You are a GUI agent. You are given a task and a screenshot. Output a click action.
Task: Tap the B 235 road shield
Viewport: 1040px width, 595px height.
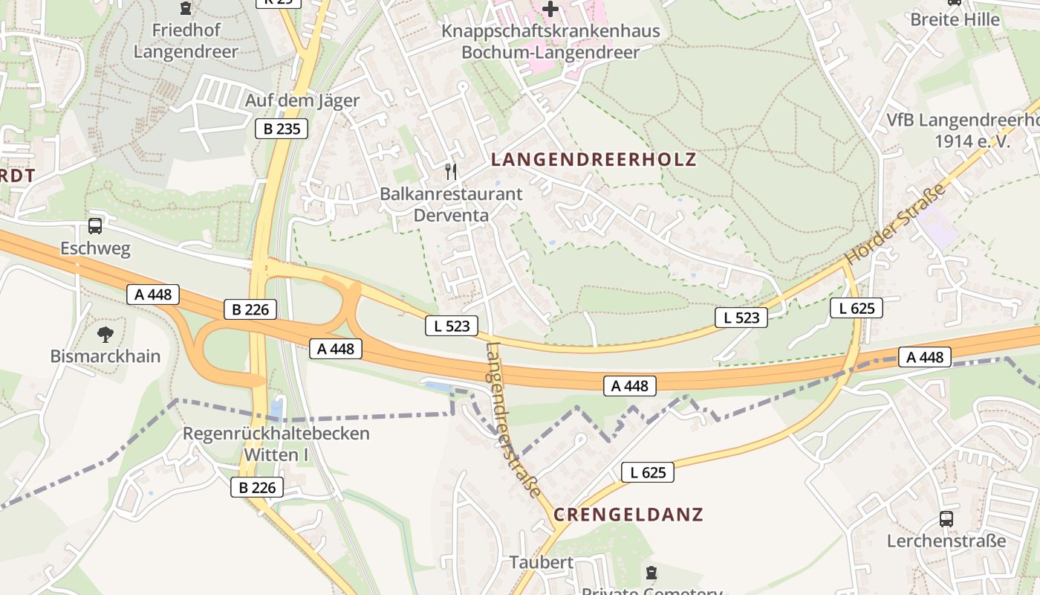282,129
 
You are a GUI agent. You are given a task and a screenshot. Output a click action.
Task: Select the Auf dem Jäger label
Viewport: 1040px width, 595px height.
302,100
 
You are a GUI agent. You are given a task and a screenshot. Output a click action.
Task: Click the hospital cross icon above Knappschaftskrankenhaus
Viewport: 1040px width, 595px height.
550,10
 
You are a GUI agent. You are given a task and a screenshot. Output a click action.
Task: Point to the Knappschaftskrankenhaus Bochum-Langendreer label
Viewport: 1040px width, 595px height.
550,42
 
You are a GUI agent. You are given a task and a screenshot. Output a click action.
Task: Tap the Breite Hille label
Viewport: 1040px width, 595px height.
955,19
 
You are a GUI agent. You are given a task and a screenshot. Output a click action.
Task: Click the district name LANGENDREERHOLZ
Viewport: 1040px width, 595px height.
594,159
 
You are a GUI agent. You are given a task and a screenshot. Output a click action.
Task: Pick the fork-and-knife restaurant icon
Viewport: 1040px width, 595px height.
451,173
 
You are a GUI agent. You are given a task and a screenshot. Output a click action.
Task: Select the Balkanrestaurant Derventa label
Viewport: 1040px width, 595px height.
451,205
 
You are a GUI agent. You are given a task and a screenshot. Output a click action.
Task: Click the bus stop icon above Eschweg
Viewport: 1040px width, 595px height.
95,226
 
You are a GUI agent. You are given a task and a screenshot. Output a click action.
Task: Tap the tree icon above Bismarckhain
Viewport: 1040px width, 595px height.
105,334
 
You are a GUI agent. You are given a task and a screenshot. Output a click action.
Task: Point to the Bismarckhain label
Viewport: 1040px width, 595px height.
105,356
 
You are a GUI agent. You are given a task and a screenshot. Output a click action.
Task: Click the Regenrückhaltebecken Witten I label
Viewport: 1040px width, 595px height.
276,443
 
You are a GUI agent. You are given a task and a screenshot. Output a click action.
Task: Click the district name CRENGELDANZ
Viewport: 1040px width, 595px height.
628,515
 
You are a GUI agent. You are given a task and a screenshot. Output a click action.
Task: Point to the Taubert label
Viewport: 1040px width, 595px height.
542,562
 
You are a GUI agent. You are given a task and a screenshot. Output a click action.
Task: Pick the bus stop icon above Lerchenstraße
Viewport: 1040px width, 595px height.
946,519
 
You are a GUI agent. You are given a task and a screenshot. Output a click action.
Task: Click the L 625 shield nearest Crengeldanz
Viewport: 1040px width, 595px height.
648,472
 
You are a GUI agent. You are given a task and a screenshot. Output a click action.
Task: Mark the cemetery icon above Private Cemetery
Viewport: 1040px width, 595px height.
651,573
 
